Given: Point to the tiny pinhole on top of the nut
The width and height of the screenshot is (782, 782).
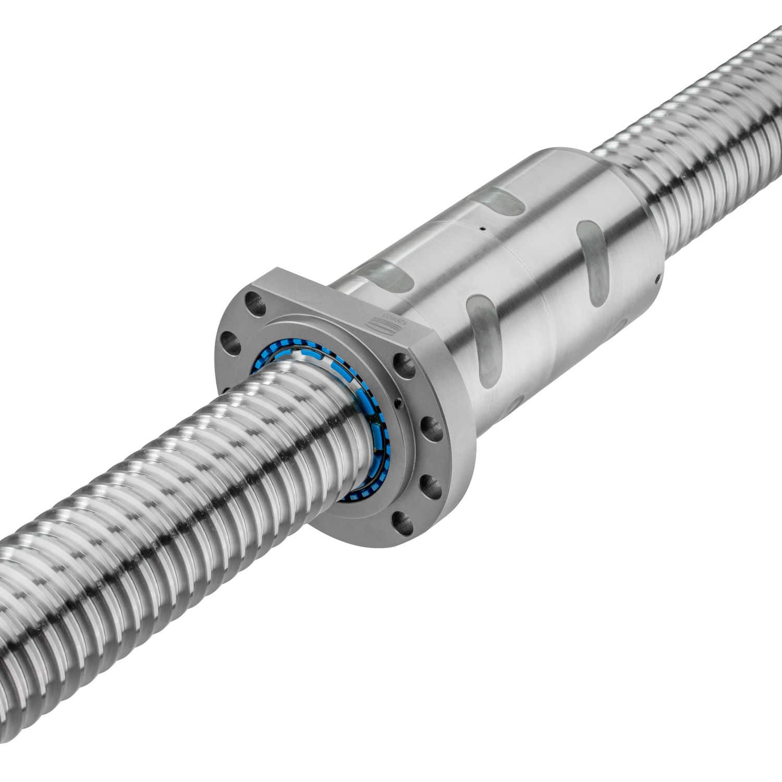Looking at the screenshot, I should pyautogui.click(x=483, y=228).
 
